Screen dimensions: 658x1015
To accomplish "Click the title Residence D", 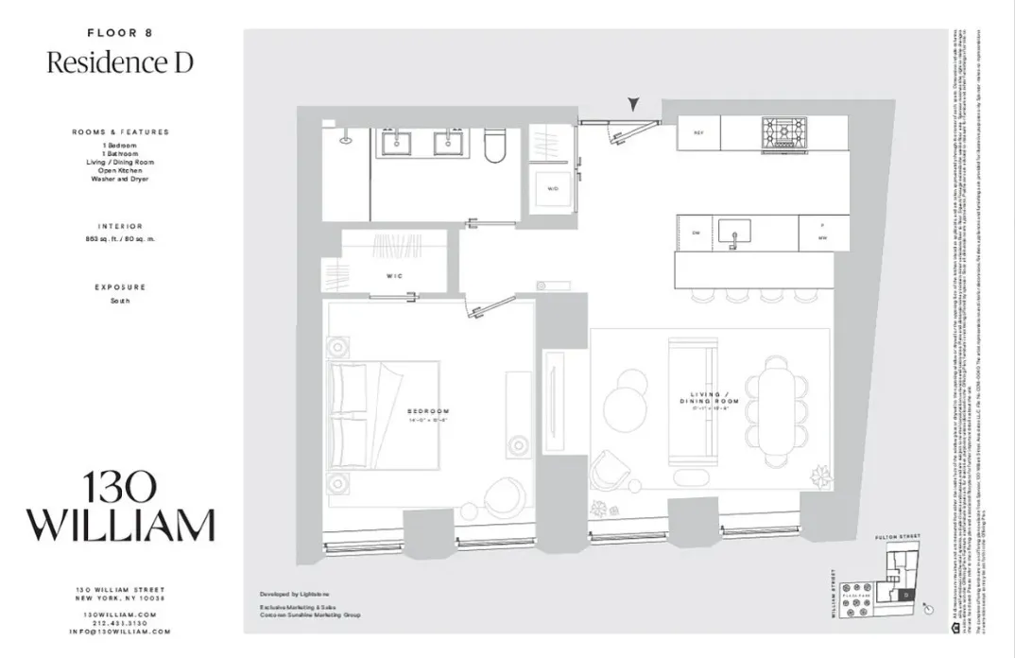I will point(120,62).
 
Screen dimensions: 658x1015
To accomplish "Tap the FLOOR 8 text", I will point(120,32).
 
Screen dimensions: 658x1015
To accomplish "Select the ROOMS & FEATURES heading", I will point(120,132).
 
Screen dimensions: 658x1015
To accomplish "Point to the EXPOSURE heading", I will point(120,286).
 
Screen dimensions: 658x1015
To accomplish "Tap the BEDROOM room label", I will point(428,412).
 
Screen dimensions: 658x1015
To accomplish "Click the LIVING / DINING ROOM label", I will point(708,398).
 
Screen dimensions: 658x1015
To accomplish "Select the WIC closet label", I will point(395,276).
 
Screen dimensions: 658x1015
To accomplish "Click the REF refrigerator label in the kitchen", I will point(698,133).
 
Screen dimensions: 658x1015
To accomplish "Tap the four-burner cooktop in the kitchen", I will point(783,133).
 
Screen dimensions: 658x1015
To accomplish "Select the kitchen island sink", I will point(734,232).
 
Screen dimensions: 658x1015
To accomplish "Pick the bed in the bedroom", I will point(383,415).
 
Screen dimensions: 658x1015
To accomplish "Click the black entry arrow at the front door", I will point(635,104).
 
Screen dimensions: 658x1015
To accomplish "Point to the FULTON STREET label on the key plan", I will point(897,537).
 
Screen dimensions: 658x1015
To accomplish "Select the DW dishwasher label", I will point(696,233).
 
